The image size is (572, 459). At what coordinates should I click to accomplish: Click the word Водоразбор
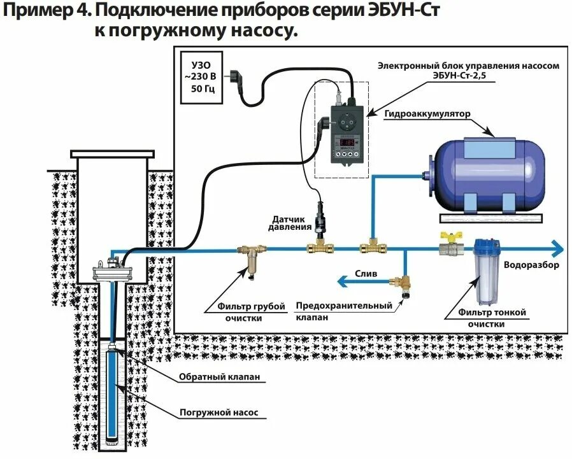(531, 265)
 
